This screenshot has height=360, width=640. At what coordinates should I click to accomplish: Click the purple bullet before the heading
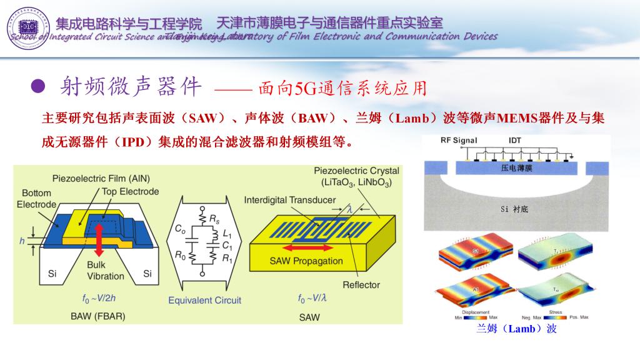(39, 87)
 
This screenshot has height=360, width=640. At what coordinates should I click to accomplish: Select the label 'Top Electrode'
(130, 191)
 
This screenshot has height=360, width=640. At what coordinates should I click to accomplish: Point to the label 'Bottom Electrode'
(36, 199)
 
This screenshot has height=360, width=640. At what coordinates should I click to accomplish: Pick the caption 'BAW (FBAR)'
(97, 316)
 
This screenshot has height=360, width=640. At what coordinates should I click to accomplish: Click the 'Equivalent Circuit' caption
(204, 300)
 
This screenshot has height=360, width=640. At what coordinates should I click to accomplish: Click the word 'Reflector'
(361, 285)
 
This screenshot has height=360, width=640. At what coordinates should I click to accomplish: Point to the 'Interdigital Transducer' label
(289, 200)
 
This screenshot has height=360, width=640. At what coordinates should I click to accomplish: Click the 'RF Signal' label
(459, 141)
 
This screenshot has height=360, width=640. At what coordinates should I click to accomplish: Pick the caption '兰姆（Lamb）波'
(516, 329)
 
